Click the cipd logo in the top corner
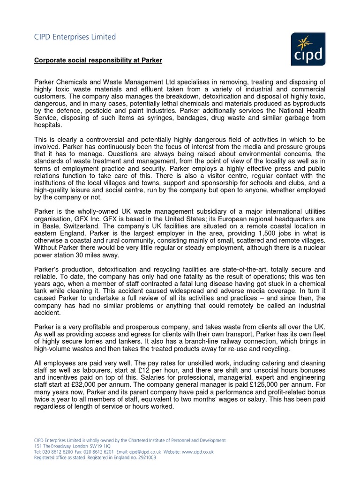pos(307,49)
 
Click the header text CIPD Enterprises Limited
pos(75,37)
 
